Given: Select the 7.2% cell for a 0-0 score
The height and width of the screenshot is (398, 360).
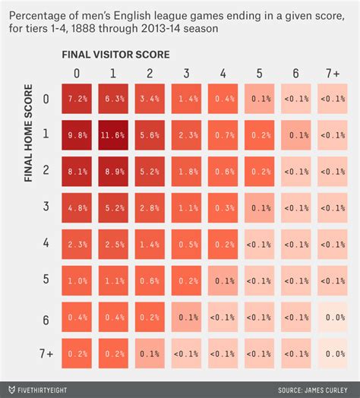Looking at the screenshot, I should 77,98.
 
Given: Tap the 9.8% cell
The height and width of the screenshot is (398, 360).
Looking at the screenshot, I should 77,134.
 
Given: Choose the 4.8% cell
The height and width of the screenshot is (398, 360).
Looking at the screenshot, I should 77,208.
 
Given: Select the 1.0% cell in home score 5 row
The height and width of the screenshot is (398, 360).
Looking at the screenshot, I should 77,281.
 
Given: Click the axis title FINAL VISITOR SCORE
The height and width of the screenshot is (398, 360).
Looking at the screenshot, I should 116,55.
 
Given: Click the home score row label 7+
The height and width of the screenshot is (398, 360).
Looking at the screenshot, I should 46,354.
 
